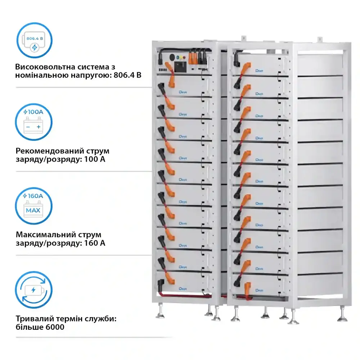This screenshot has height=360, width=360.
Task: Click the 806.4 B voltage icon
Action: pos(35,40)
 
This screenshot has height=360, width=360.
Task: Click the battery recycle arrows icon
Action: pos(35,290)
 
